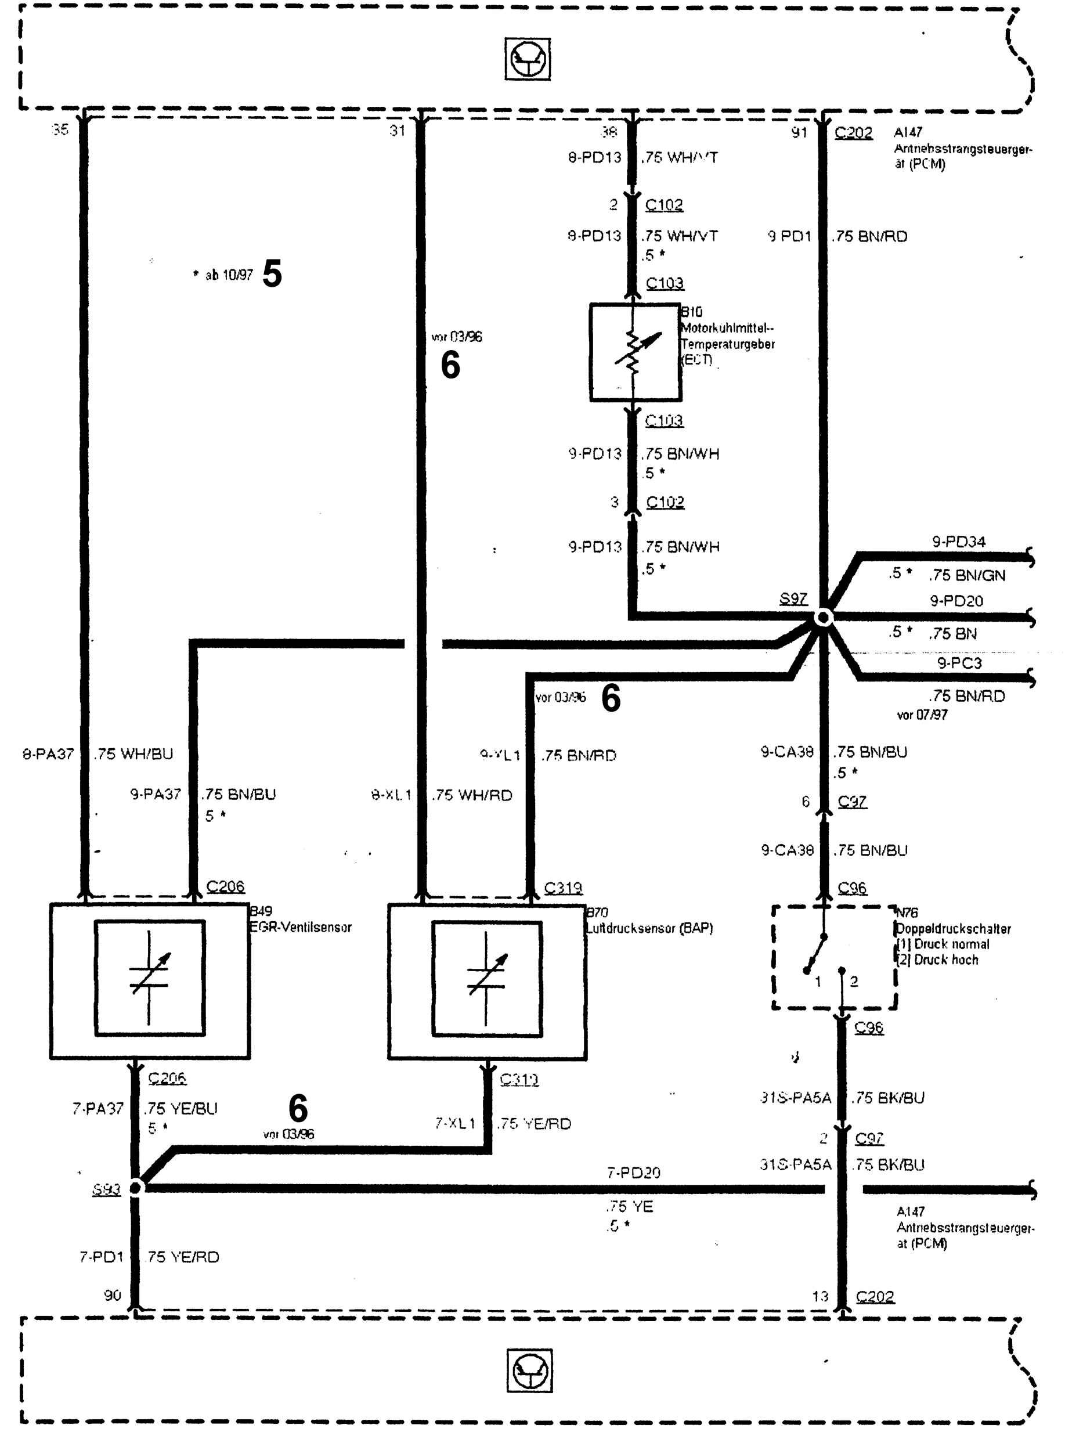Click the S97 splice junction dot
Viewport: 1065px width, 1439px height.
coord(823,617)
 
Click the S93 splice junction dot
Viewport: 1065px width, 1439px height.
coord(136,1187)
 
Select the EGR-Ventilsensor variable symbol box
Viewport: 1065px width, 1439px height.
coord(150,978)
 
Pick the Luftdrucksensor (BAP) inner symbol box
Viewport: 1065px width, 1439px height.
coord(487,978)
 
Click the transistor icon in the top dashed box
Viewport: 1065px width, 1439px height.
coord(528,59)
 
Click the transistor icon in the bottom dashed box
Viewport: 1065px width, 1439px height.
coord(529,1370)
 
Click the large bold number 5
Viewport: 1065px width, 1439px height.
coord(272,273)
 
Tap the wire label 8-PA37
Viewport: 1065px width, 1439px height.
coord(48,753)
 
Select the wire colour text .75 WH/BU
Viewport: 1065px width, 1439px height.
coord(133,753)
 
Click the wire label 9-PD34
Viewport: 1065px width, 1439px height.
coord(959,542)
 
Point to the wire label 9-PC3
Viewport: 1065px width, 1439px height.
coord(959,663)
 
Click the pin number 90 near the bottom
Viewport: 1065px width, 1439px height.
coord(112,1294)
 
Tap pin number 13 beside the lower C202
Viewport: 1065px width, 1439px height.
coord(819,1296)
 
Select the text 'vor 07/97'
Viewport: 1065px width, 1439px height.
coord(922,715)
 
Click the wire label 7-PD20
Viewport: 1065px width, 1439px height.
coord(633,1172)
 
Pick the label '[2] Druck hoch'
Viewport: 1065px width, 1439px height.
coord(938,960)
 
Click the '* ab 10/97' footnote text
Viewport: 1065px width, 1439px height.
coord(223,275)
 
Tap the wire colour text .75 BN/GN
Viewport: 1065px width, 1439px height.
coord(967,575)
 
